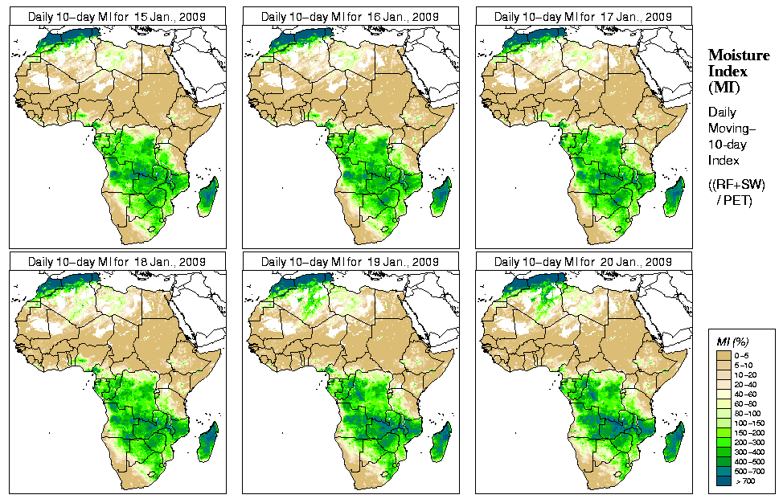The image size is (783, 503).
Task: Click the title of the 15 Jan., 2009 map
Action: pyautogui.click(x=117, y=17)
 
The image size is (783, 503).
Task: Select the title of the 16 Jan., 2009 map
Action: pyautogui.click(x=350, y=17)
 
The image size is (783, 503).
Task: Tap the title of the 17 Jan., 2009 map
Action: pyautogui.click(x=583, y=17)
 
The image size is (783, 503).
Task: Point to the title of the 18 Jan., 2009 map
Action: pyautogui.click(x=117, y=262)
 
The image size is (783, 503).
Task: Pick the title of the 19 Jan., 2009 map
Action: pyautogui.click(x=350, y=262)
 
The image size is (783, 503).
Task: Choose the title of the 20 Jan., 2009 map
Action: pyautogui.click(x=583, y=262)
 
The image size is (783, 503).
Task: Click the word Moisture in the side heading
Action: pyautogui.click(x=736, y=55)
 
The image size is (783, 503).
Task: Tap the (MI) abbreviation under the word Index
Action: pyautogui.click(x=724, y=87)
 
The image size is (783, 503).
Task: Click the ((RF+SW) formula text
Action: pyautogui.click(x=737, y=185)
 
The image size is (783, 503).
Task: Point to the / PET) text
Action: pyautogui.click(x=734, y=200)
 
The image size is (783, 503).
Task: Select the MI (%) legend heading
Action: pyautogui.click(x=731, y=343)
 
